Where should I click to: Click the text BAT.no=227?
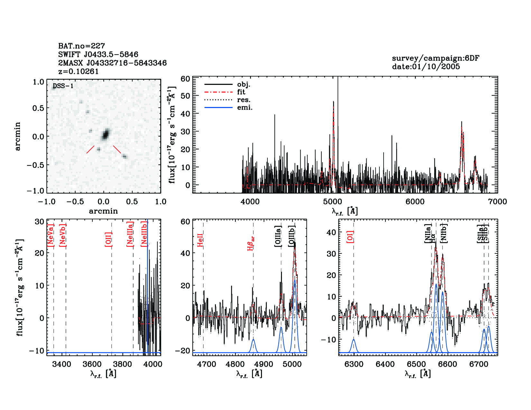coord(81,46)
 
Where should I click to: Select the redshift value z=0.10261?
coord(78,71)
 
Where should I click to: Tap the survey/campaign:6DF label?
coord(435,58)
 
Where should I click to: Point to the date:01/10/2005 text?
coord(426,67)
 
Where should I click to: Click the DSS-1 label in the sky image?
coord(63,86)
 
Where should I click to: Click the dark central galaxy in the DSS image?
coord(105,134)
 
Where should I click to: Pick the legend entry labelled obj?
coord(244,85)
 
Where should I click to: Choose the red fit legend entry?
coord(241,92)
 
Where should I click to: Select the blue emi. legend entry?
coord(245,108)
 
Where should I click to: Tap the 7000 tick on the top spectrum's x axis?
coord(498,202)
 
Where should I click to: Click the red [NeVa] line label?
coord(51,235)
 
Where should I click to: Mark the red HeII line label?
coord(200,240)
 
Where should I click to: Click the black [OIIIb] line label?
coord(292,236)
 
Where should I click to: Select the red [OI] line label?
coord(350,236)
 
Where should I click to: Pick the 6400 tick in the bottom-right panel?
coord(385,364)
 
